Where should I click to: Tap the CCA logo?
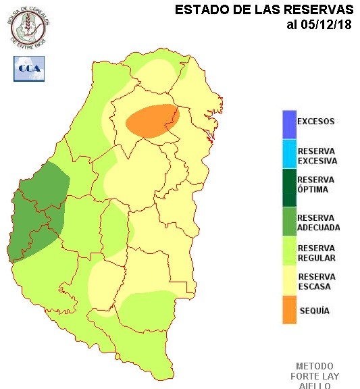pos(28,69)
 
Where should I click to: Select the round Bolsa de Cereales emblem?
pos(30,26)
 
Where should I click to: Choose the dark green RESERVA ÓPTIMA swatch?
pos(289,185)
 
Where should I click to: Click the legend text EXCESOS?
pos(316,122)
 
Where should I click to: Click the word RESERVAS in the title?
pos(316,10)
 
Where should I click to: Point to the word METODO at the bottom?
pos(315,366)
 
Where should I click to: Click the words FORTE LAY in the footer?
pos(315,376)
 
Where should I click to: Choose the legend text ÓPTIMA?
pos(313,190)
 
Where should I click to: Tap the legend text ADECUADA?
pos(318,228)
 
